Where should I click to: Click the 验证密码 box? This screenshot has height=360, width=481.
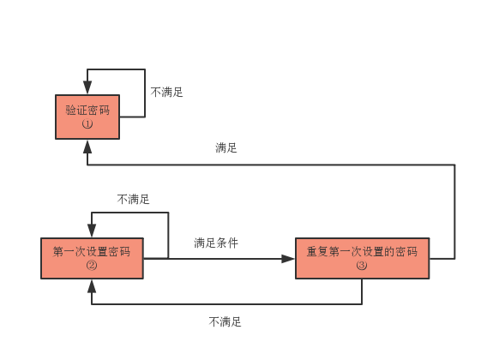87,117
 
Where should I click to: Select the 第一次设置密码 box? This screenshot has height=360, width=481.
92,258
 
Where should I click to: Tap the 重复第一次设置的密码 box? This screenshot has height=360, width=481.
363,258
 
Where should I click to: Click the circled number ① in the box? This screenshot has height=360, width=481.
87,124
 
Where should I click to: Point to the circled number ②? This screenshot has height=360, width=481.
92,265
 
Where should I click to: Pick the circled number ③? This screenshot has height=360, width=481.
362,265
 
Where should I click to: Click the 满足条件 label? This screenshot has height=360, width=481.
216,243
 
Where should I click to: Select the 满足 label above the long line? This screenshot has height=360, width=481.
226,147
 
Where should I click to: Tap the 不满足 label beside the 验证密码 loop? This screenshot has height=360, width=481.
166,92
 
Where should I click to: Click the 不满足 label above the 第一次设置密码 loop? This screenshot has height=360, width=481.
133,200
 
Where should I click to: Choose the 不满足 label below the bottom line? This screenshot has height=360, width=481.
225,322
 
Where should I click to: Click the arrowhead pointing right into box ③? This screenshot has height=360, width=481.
288,259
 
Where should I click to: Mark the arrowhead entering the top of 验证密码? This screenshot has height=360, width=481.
87,87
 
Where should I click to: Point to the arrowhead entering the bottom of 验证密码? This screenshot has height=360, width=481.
87,147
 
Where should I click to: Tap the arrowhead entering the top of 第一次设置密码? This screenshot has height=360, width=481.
92,231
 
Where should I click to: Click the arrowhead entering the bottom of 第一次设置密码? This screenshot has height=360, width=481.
92,285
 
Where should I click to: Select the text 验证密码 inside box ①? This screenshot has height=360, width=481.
87,110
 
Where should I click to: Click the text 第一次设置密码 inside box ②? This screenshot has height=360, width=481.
92,251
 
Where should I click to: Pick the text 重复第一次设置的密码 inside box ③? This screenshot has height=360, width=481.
362,251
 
